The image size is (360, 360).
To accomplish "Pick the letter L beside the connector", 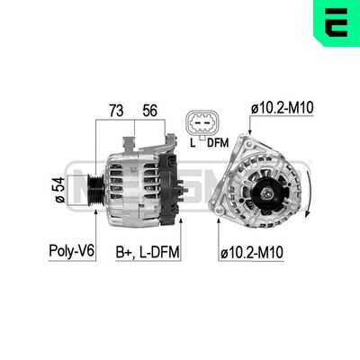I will coord(191,141).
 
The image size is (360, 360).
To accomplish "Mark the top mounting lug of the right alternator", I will coord(246,139).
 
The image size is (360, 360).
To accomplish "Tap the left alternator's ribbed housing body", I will coord(135,184).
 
